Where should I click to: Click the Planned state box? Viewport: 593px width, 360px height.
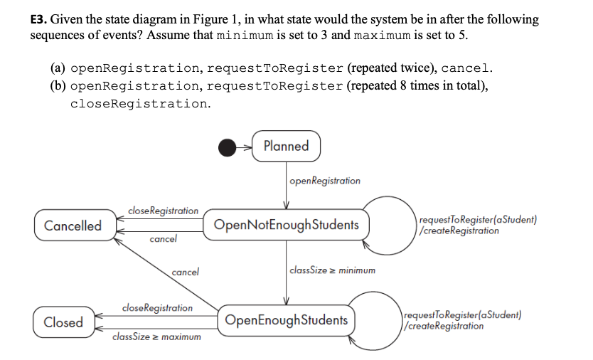(x=286, y=147)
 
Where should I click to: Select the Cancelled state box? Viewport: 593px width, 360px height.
(x=73, y=226)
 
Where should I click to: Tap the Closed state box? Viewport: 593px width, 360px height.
(x=63, y=322)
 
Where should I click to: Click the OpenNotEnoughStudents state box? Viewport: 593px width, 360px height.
(x=286, y=226)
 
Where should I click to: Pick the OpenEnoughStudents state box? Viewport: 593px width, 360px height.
(x=287, y=320)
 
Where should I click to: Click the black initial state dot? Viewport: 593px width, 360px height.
(x=228, y=147)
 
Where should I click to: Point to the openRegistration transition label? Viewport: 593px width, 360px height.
(x=325, y=181)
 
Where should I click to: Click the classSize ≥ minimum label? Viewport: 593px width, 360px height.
(x=333, y=270)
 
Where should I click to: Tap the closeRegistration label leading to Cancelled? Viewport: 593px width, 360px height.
(x=164, y=211)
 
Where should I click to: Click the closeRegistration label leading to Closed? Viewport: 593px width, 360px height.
(x=157, y=307)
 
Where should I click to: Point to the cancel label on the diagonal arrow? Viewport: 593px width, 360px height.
(x=185, y=272)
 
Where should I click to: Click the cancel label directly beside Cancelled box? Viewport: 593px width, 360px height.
(x=164, y=239)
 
